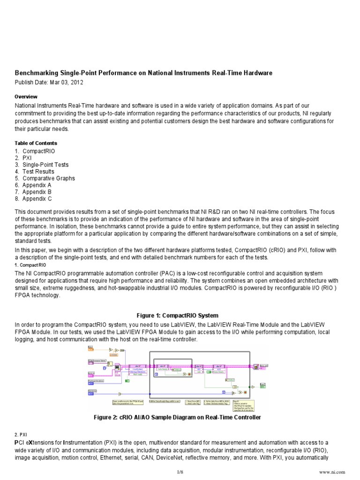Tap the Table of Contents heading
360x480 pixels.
pos(36,143)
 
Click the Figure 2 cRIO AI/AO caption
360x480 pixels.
pos(180,417)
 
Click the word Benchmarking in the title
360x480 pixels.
pos(37,73)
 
